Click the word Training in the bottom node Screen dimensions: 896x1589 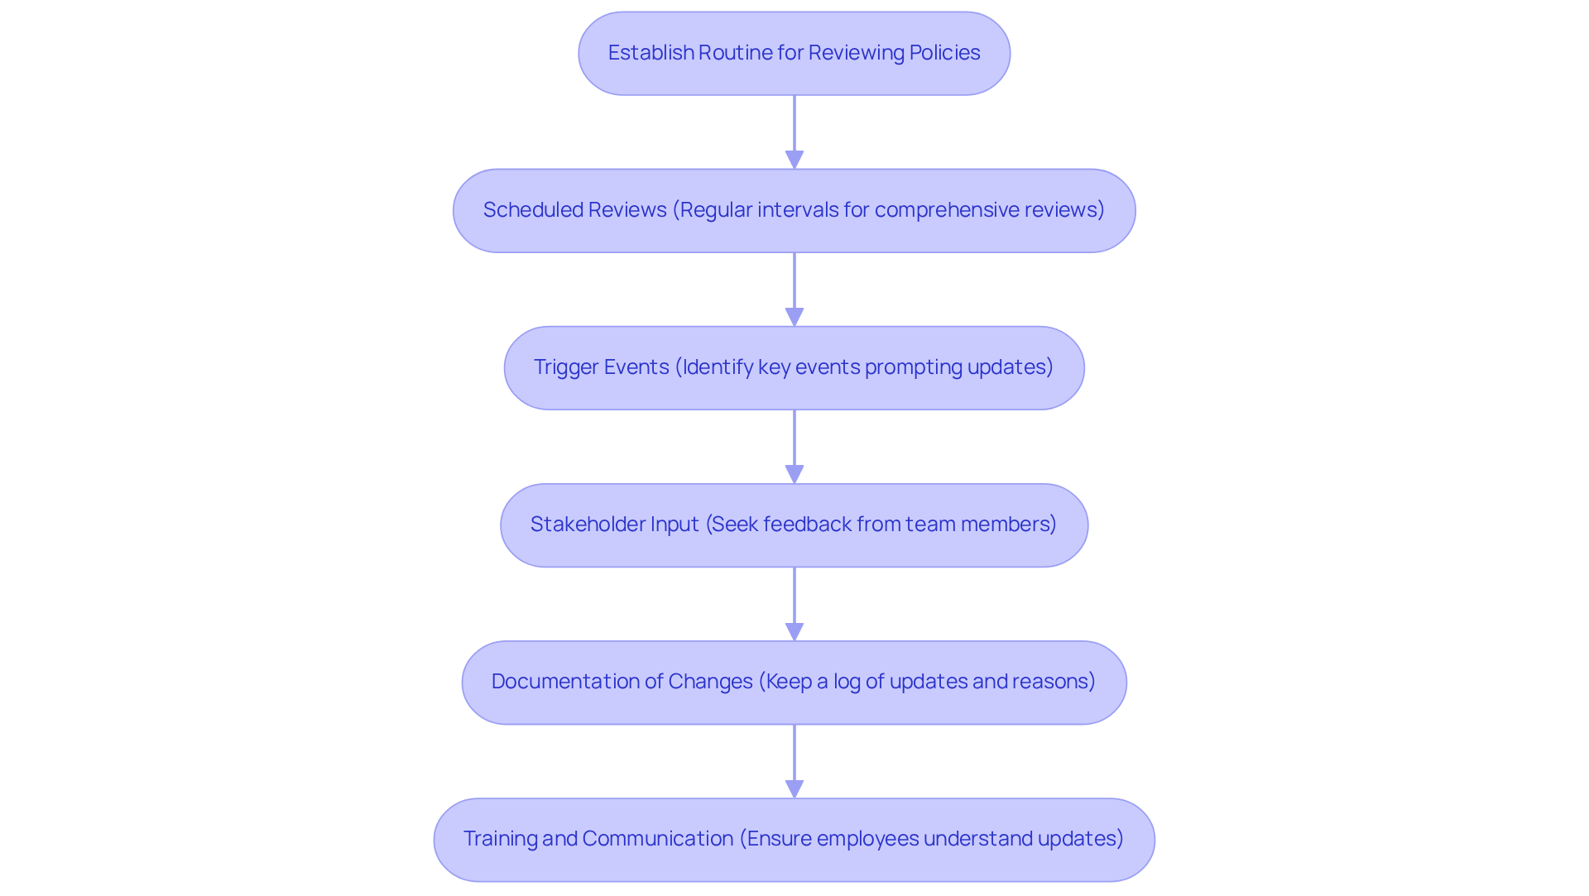coord(500,839)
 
